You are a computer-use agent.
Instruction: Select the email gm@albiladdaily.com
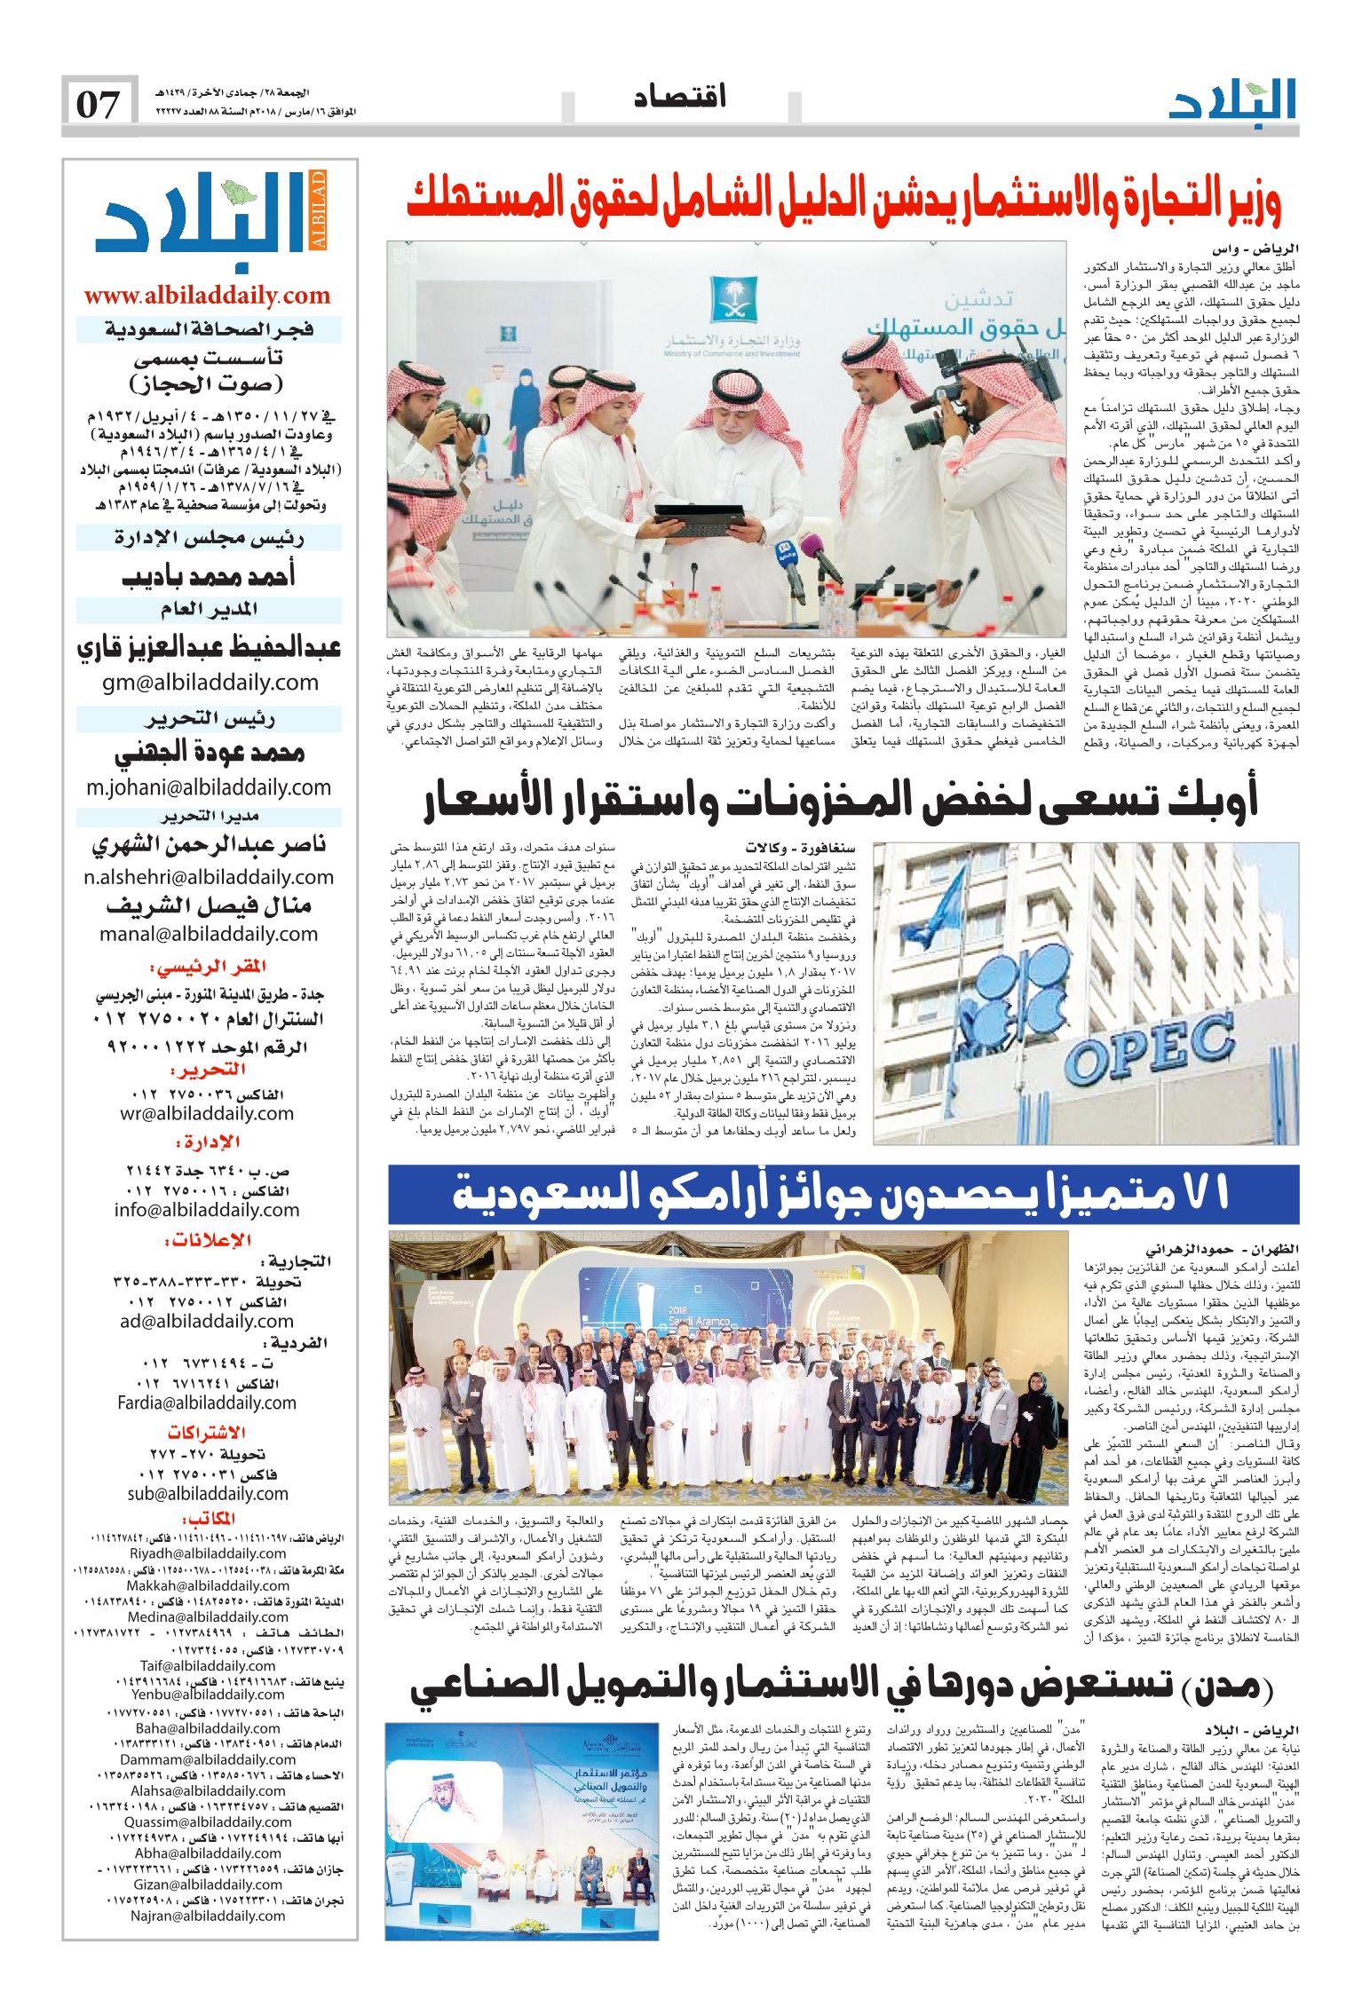coord(209,682)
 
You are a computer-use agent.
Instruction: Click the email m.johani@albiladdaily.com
coord(209,786)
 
